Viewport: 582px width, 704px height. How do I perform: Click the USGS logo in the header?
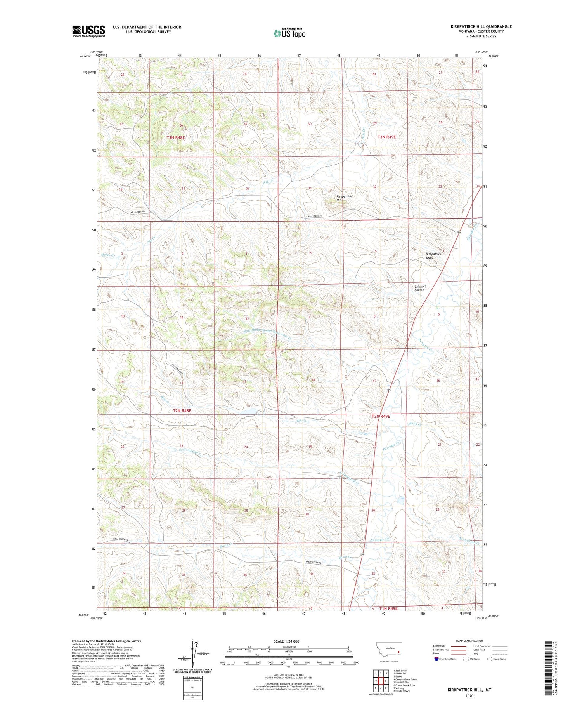(x=88, y=31)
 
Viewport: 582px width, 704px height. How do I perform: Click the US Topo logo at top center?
(x=289, y=33)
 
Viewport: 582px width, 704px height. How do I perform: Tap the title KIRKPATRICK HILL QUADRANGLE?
(x=481, y=26)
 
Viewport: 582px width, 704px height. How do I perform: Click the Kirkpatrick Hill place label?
(x=344, y=198)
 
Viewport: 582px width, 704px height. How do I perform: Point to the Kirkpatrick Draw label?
(x=433, y=256)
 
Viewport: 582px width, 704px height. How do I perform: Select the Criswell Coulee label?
(x=420, y=288)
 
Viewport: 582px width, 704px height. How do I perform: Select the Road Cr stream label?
(x=415, y=424)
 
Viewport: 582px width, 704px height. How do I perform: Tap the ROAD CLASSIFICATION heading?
(x=469, y=641)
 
